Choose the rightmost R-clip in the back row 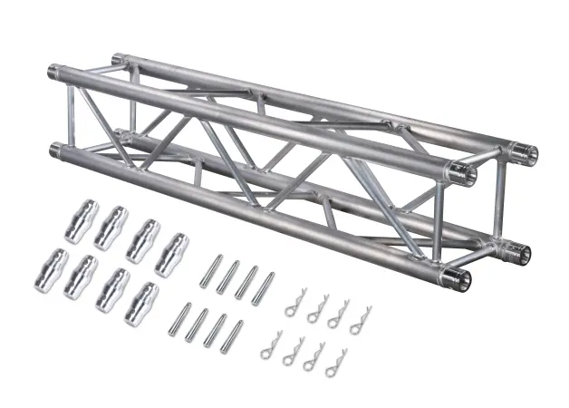tap(360, 320)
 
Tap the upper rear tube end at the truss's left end tap(118, 61)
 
